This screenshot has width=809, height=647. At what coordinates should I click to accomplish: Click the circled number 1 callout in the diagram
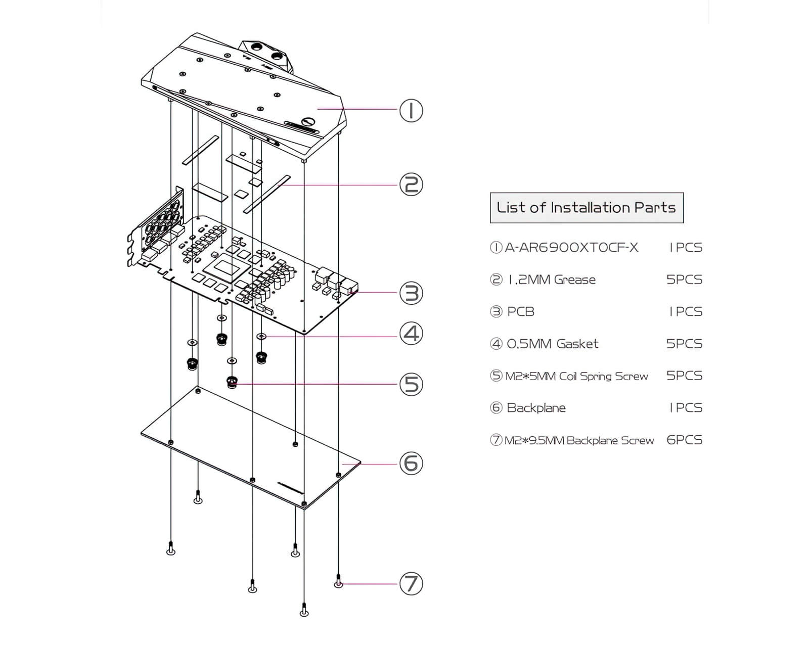click(x=411, y=111)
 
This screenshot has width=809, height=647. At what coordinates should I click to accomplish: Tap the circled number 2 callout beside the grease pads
click(x=411, y=184)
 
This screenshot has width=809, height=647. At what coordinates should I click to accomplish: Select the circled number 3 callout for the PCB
click(x=411, y=293)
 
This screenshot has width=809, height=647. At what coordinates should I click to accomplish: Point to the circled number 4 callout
click(x=411, y=334)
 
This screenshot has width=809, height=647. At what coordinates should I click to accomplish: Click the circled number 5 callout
click(x=411, y=384)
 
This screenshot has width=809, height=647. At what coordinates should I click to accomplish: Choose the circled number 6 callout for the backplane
click(x=411, y=463)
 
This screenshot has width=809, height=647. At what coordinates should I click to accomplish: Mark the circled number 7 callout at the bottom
click(x=411, y=584)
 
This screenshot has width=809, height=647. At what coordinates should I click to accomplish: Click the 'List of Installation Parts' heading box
click(x=587, y=208)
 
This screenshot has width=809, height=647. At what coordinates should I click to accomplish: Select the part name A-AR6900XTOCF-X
click(x=571, y=248)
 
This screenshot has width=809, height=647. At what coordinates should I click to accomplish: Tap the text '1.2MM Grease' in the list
click(x=552, y=280)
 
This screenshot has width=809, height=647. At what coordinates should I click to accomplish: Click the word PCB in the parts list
click(x=521, y=312)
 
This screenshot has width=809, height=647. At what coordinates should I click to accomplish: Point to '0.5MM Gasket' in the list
click(x=553, y=344)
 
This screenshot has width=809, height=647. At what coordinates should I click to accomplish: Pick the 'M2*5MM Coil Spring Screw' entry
click(x=576, y=376)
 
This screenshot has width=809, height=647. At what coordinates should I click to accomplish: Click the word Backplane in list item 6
click(x=536, y=408)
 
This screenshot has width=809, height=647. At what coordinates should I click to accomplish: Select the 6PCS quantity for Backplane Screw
click(x=684, y=440)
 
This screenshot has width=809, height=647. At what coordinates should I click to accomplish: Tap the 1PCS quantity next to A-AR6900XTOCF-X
click(x=686, y=248)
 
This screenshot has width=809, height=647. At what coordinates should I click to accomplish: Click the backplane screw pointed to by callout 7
click(x=339, y=582)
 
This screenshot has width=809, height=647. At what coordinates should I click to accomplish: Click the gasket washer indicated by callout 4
click(x=261, y=336)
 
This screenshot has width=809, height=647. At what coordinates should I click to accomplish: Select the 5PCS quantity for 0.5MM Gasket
click(x=684, y=344)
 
